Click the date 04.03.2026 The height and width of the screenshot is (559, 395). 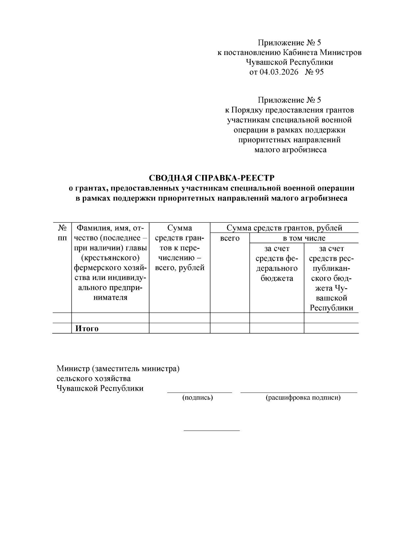(x=278, y=72)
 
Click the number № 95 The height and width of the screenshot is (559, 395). (x=314, y=72)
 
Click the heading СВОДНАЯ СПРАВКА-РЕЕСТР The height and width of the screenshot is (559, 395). (x=212, y=178)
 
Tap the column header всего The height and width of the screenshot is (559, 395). (x=229, y=238)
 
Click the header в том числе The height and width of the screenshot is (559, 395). (x=304, y=238)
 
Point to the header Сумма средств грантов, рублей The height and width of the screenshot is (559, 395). (x=284, y=228)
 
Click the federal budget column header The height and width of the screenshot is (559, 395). (x=276, y=264)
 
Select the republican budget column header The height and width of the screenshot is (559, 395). (x=331, y=278)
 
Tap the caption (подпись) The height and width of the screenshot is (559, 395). (x=197, y=398)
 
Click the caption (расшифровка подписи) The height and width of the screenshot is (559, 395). (x=303, y=398)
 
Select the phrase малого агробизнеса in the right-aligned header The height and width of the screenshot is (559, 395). (x=290, y=150)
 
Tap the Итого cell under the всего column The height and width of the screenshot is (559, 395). (x=229, y=328)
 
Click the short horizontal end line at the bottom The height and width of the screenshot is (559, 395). (x=211, y=431)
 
